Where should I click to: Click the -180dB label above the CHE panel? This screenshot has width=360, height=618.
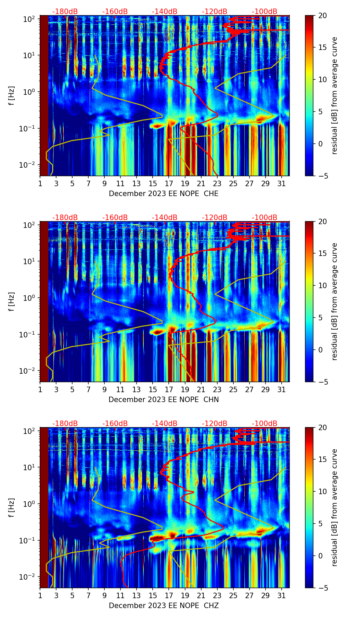65,12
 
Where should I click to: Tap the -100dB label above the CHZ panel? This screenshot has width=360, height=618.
265,424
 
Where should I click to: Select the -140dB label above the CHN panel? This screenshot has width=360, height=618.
165,218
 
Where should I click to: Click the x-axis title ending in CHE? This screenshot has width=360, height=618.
164,194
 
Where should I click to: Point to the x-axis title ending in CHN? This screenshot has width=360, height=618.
164,400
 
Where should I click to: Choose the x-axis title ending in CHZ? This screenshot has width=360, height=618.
164,606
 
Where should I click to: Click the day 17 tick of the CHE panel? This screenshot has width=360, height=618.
169,183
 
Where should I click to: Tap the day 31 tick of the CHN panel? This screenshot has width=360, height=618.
282,389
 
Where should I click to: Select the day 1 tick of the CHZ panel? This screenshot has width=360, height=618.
40,595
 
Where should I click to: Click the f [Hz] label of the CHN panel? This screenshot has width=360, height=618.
12,301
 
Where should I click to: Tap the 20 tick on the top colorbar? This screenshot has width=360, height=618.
323,16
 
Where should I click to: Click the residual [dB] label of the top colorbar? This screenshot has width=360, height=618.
334,95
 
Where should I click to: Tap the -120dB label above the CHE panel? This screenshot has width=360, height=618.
215,12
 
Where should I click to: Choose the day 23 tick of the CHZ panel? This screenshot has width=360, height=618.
217,595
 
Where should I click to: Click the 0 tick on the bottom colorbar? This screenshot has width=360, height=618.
321,556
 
